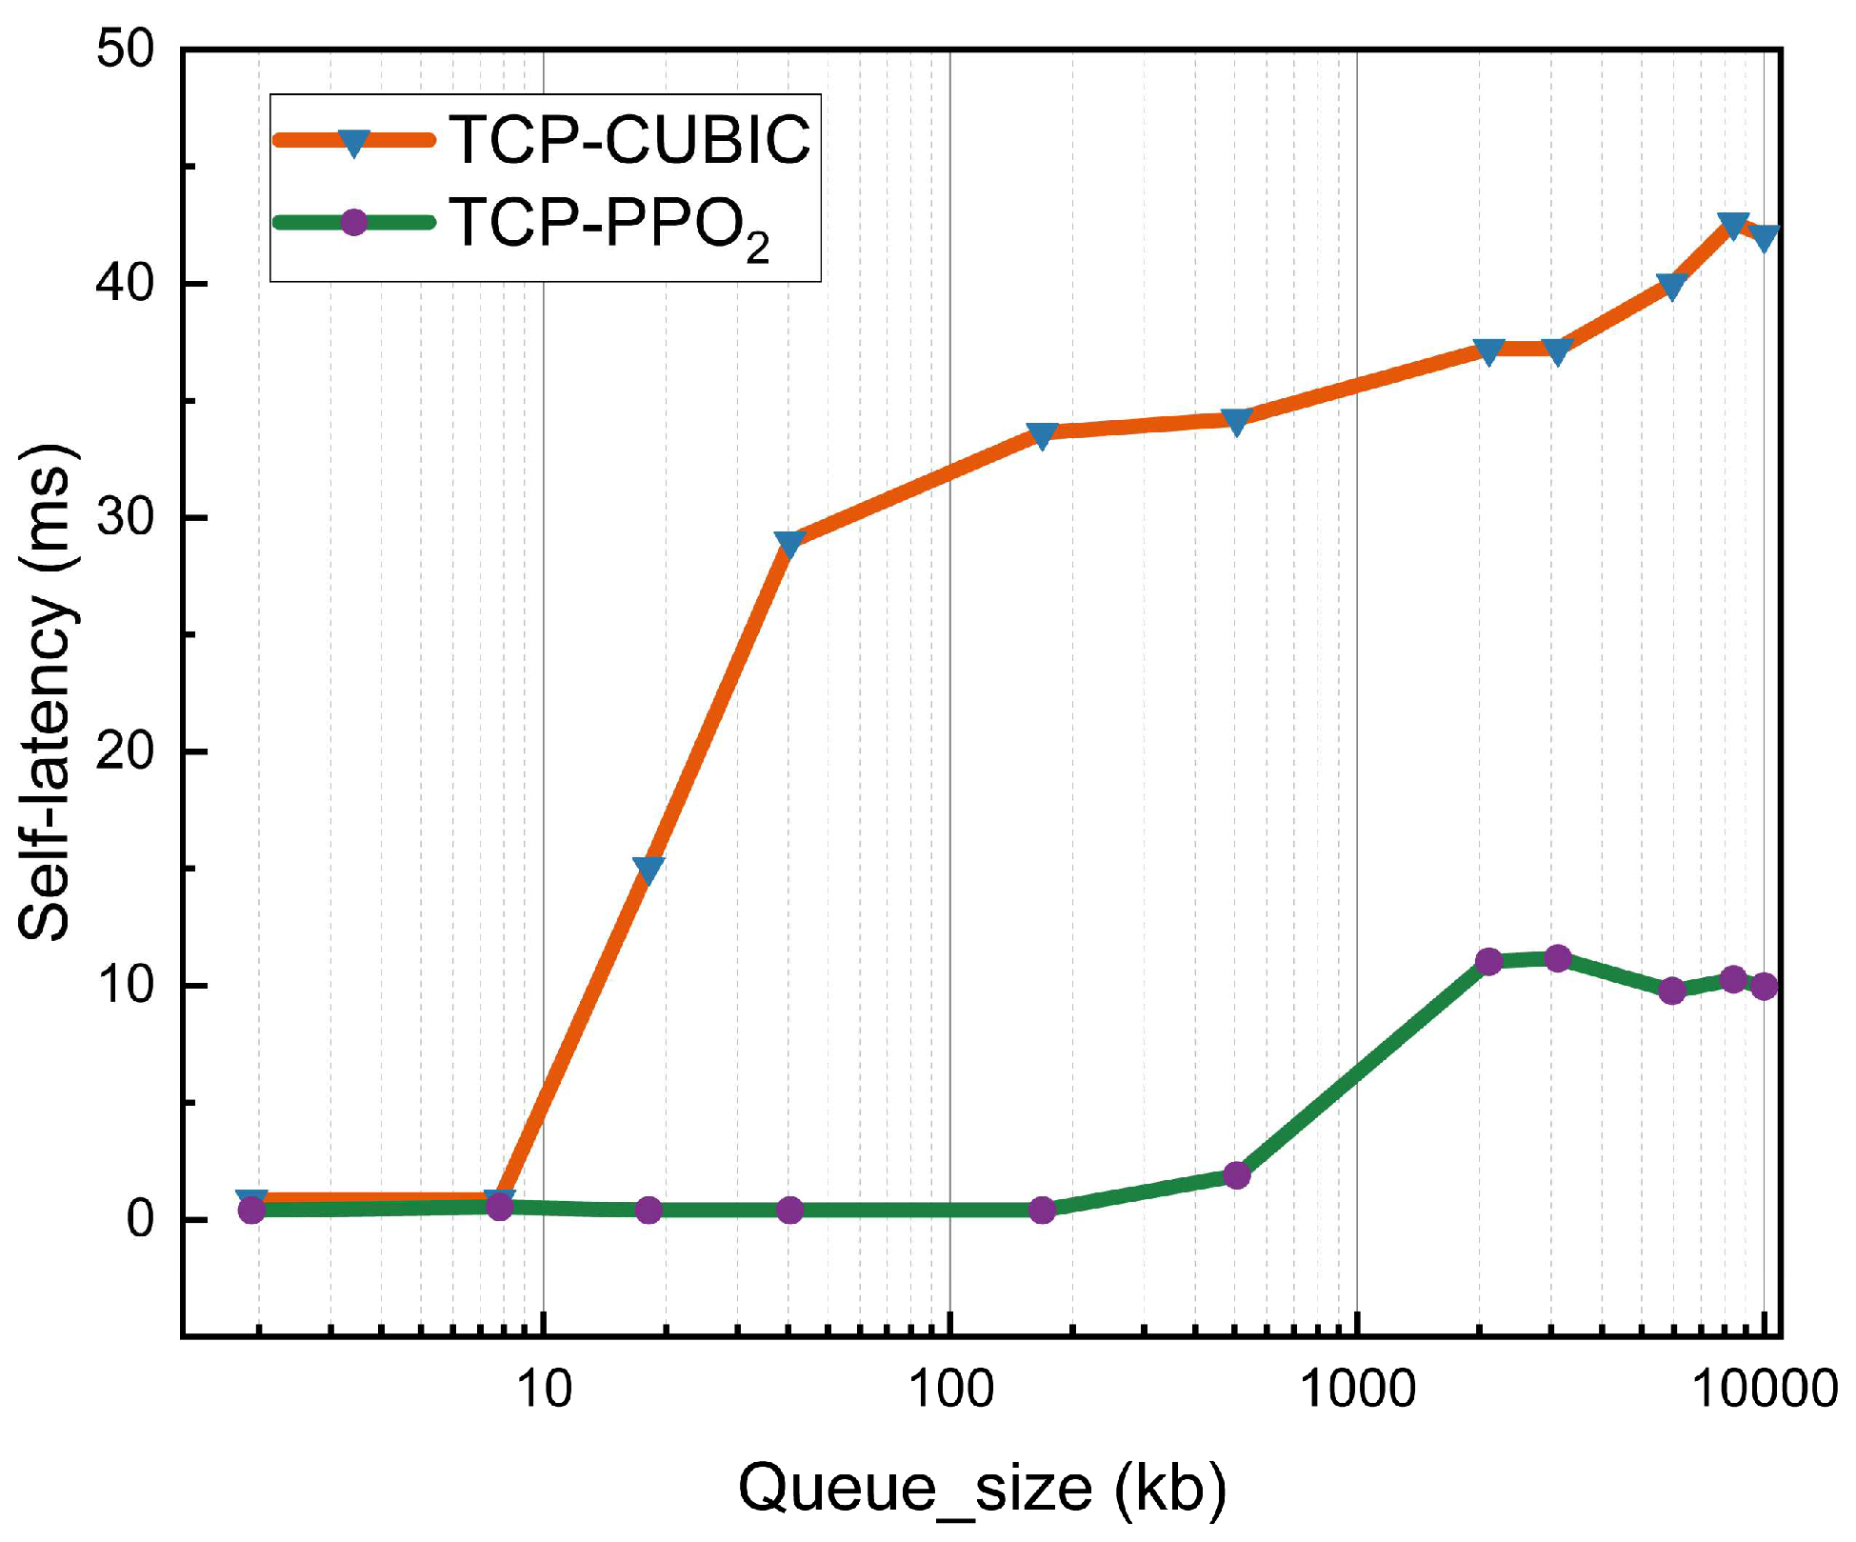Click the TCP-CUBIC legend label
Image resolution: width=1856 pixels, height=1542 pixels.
pos(629,141)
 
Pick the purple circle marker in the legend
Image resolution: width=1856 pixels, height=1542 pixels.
pos(353,223)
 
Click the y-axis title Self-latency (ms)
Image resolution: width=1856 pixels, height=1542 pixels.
pos(46,692)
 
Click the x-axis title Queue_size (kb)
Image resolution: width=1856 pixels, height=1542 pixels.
pos(982,1489)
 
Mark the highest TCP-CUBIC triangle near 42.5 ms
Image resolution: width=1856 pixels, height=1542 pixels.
pos(1733,225)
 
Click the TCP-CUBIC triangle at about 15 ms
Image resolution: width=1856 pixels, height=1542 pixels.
pos(649,870)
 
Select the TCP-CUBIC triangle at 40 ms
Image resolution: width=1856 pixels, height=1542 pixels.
pos(1672,286)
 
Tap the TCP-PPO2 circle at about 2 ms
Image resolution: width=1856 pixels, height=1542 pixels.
pos(1236,1175)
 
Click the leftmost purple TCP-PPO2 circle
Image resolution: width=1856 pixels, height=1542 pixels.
pos(251,1210)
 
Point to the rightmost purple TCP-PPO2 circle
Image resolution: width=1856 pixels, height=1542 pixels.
pos(1765,986)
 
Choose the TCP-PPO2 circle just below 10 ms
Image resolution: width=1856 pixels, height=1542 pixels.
pos(1672,991)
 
